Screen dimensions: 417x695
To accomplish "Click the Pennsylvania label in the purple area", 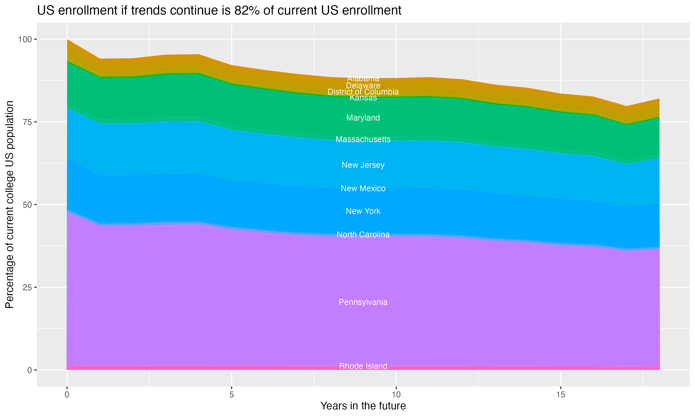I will point(363,302).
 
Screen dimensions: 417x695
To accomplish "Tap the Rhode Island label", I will point(363,366).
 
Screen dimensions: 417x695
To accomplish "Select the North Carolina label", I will point(363,234).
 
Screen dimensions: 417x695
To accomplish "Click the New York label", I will point(363,211).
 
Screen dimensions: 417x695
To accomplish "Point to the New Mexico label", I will point(363,188).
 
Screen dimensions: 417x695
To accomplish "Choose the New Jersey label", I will point(363,165).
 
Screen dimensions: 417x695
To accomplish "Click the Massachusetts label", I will point(363,139).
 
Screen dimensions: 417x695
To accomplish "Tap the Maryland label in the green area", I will point(363,118).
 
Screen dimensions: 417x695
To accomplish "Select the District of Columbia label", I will point(363,92).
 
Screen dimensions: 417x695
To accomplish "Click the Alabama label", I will point(363,78).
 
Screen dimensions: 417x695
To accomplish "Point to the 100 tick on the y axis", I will point(25,39).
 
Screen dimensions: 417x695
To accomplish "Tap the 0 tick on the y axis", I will point(29,370).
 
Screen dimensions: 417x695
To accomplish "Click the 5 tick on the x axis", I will point(231,395).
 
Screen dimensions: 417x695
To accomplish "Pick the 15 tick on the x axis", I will point(560,395).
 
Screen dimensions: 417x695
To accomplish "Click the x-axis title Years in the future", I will point(363,406).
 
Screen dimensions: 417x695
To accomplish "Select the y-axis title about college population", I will point(9,205).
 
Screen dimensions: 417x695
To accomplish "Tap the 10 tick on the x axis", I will point(396,395).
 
